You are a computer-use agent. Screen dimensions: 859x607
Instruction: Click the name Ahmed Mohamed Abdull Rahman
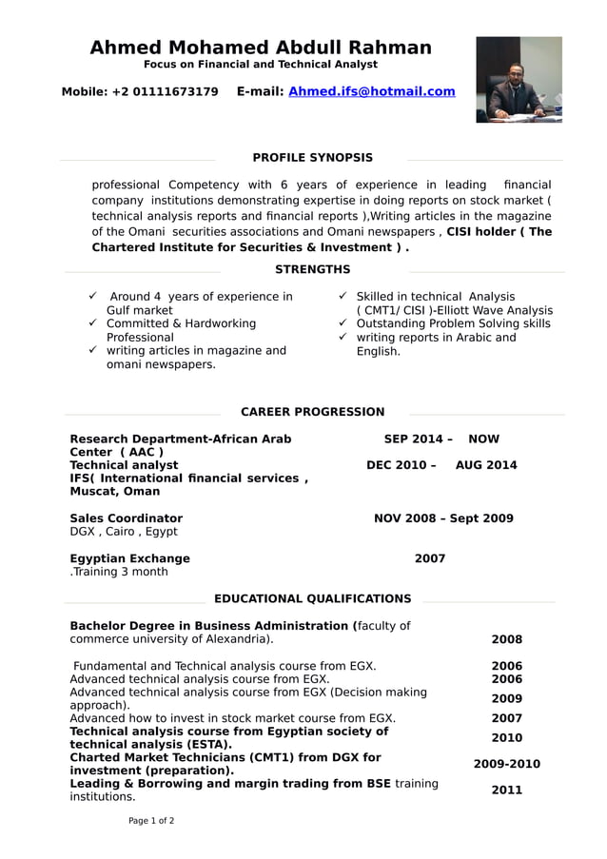click(260, 48)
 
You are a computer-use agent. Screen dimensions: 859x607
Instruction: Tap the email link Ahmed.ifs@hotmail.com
click(371, 91)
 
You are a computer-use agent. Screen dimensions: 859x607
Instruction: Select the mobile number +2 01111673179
click(165, 91)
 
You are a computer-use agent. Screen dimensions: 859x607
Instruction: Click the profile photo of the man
click(519, 79)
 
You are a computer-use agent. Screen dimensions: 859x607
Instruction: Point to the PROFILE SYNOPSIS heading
click(312, 158)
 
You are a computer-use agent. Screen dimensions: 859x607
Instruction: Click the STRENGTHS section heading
click(312, 270)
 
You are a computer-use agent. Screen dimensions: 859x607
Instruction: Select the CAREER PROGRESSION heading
click(312, 412)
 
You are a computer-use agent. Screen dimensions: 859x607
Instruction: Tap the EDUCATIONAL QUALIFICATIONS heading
click(312, 598)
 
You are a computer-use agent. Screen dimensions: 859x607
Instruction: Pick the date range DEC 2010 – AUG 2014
click(441, 465)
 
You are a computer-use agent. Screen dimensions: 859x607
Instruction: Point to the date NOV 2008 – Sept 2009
click(442, 518)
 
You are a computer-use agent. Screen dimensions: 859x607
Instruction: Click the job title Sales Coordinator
click(126, 518)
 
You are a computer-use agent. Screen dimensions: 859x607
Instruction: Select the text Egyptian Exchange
click(129, 558)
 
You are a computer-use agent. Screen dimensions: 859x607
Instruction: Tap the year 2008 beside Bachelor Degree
click(506, 639)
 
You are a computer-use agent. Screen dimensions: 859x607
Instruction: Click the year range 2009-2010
click(506, 764)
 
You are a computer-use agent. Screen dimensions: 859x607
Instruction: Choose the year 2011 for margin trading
click(506, 790)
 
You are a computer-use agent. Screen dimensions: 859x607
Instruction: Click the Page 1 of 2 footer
click(151, 820)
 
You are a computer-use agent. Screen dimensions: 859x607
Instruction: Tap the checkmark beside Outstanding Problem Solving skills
click(343, 323)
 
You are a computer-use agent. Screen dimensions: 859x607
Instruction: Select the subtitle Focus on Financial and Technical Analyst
click(260, 65)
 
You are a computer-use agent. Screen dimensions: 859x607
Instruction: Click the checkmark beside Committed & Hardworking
click(93, 323)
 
